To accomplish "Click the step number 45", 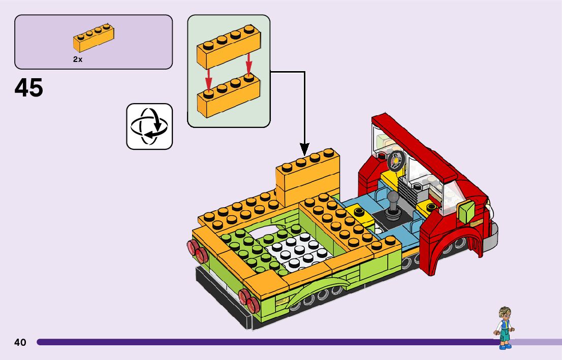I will point(29,88).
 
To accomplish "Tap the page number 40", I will point(20,342).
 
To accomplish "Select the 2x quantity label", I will point(77,59).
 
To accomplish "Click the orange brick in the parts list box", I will point(93,39).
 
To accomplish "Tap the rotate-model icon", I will point(149,126).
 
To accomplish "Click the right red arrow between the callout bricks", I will point(249,63).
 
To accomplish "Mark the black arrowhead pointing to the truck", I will point(304,149).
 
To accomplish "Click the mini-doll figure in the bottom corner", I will point(504,328).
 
